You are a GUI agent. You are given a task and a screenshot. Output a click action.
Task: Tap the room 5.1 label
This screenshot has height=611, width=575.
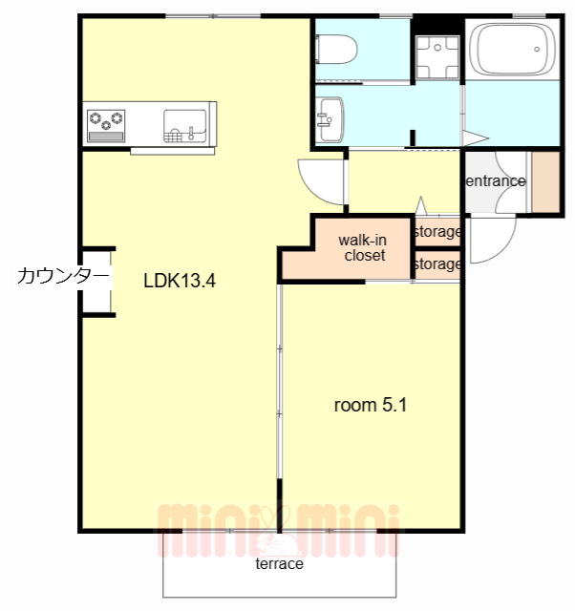click(x=371, y=405)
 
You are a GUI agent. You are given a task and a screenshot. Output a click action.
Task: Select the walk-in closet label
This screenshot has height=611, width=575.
click(x=364, y=248)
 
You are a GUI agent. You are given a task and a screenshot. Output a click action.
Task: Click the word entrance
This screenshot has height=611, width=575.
click(x=495, y=180)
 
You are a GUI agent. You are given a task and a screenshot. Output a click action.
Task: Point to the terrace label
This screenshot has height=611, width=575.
click(x=279, y=563)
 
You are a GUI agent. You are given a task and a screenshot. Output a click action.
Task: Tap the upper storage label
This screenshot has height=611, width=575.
click(x=437, y=232)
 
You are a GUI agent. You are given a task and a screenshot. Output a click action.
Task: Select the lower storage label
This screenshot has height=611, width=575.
click(x=437, y=263)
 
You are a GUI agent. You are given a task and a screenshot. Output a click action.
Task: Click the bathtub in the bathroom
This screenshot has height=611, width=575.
click(x=514, y=50)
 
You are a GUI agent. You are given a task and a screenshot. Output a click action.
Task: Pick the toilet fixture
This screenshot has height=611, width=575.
click(x=336, y=48)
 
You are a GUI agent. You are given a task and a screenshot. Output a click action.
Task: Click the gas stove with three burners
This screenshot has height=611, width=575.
click(x=106, y=119)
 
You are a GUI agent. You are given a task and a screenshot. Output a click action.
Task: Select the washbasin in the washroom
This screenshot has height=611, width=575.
click(x=330, y=116)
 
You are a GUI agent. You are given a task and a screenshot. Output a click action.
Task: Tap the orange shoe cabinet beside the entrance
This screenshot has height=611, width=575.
click(x=546, y=181)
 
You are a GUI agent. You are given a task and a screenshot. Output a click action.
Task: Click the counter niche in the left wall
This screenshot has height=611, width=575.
click(x=96, y=282)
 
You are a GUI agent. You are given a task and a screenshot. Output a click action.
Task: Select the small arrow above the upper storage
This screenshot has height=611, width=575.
click(x=420, y=204)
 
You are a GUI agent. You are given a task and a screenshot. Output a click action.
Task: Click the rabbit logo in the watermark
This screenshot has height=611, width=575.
click(x=277, y=541)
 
